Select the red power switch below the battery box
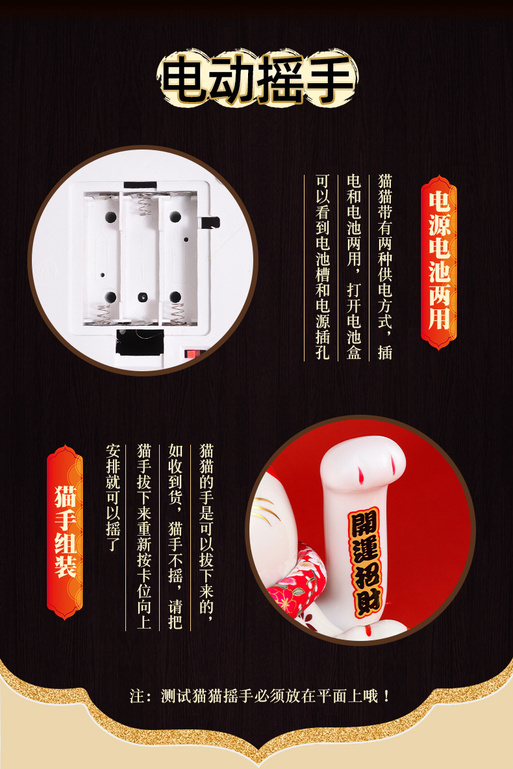pos(193,354)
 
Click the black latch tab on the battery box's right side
pos(210,222)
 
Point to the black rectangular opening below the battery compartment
pos(140,341)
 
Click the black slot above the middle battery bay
pos(140,185)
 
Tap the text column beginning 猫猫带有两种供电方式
pos(384,267)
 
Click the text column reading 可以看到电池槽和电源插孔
pos(322,267)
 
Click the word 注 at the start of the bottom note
pos(136,696)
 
